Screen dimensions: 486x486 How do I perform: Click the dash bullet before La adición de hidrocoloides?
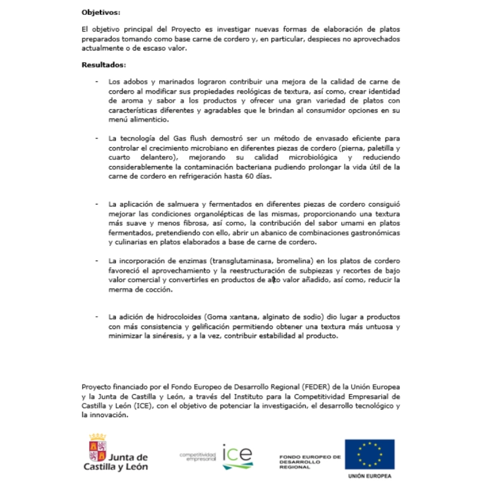(x=97, y=317)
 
